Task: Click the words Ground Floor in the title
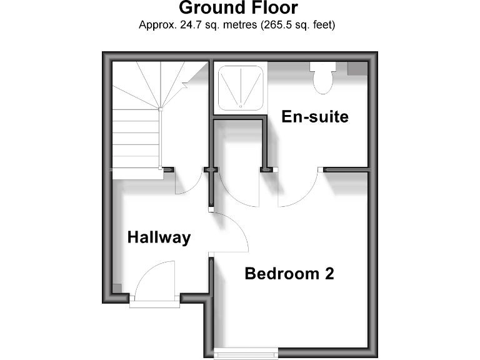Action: (238, 8)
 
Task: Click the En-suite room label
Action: (314, 117)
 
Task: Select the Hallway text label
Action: (159, 237)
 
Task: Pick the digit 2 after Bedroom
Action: (329, 274)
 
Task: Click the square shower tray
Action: (240, 87)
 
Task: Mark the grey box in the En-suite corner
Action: (357, 68)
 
